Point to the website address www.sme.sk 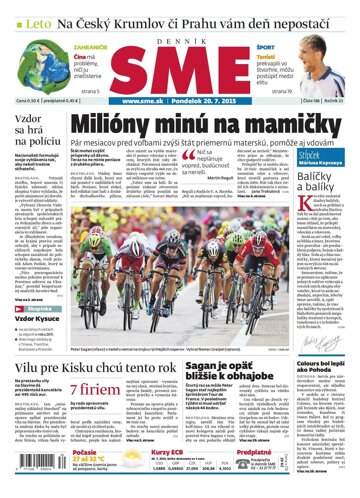(141, 100)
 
